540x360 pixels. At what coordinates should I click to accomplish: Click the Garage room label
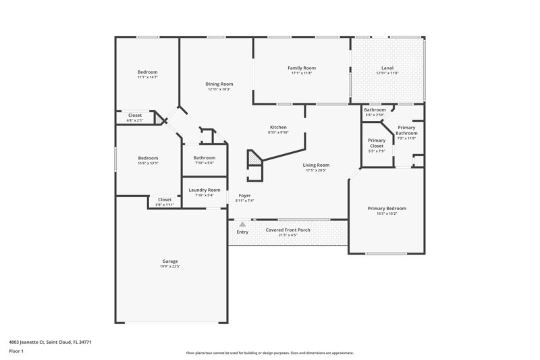coord(170,261)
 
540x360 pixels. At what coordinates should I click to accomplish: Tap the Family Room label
coord(302,68)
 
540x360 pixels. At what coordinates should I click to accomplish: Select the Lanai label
coord(387,68)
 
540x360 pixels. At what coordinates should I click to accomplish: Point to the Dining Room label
coord(219,84)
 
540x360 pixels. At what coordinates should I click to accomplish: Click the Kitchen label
coord(278,127)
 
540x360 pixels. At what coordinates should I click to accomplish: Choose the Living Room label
coord(316,165)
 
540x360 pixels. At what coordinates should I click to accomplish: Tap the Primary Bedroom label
coord(387,209)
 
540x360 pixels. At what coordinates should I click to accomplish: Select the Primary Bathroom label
coord(406,130)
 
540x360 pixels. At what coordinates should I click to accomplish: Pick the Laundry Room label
coord(204,190)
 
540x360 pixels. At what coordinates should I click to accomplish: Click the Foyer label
coord(244,195)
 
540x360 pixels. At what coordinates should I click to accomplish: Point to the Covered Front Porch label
coord(288,230)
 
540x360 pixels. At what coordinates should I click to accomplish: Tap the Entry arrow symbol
coord(242,224)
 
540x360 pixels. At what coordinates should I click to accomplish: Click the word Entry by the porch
coord(242,232)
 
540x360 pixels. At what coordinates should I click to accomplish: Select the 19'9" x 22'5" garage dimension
coord(170,266)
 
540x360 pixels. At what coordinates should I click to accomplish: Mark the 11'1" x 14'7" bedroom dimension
coord(148,78)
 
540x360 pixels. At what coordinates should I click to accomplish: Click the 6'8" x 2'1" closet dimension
coord(135,120)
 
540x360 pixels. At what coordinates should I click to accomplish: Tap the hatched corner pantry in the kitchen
coord(253,158)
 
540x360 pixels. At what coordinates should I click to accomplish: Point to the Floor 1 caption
coord(17,352)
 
